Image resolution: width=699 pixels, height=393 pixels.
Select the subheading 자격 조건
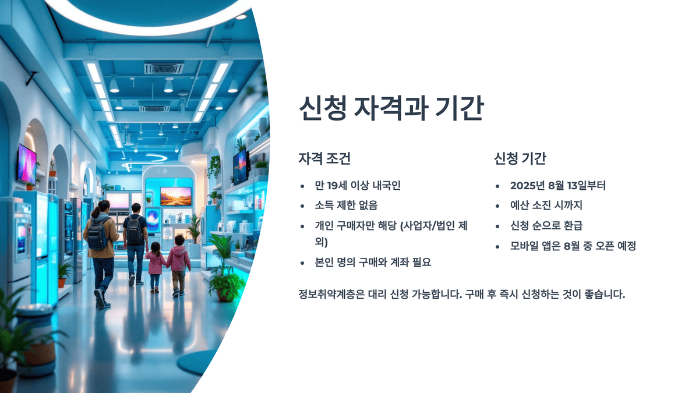pyautogui.click(x=324, y=158)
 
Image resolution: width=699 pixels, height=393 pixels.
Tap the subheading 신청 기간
pyautogui.click(x=520, y=158)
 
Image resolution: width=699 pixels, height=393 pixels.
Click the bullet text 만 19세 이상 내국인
pyautogui.click(x=357, y=186)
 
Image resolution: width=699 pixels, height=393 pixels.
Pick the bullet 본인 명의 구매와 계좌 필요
pyautogui.click(x=372, y=262)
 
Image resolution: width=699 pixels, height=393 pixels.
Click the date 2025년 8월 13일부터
pyautogui.click(x=557, y=186)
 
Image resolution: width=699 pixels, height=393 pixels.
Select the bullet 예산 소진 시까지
pyautogui.click(x=546, y=205)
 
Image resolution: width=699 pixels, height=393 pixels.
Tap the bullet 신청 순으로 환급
pyautogui.click(x=546, y=225)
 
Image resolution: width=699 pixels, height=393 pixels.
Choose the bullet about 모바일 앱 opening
pyautogui.click(x=573, y=246)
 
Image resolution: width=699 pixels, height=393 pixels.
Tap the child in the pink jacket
pyautogui.click(x=178, y=259)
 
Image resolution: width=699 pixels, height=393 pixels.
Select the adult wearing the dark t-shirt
pyautogui.click(x=135, y=233)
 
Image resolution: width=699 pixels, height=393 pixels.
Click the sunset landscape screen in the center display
pyautogui.click(x=175, y=196)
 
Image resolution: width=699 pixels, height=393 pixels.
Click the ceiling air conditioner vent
pyautogui.click(x=164, y=68)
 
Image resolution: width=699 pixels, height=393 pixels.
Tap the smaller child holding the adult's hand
pyautogui.click(x=155, y=265)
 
